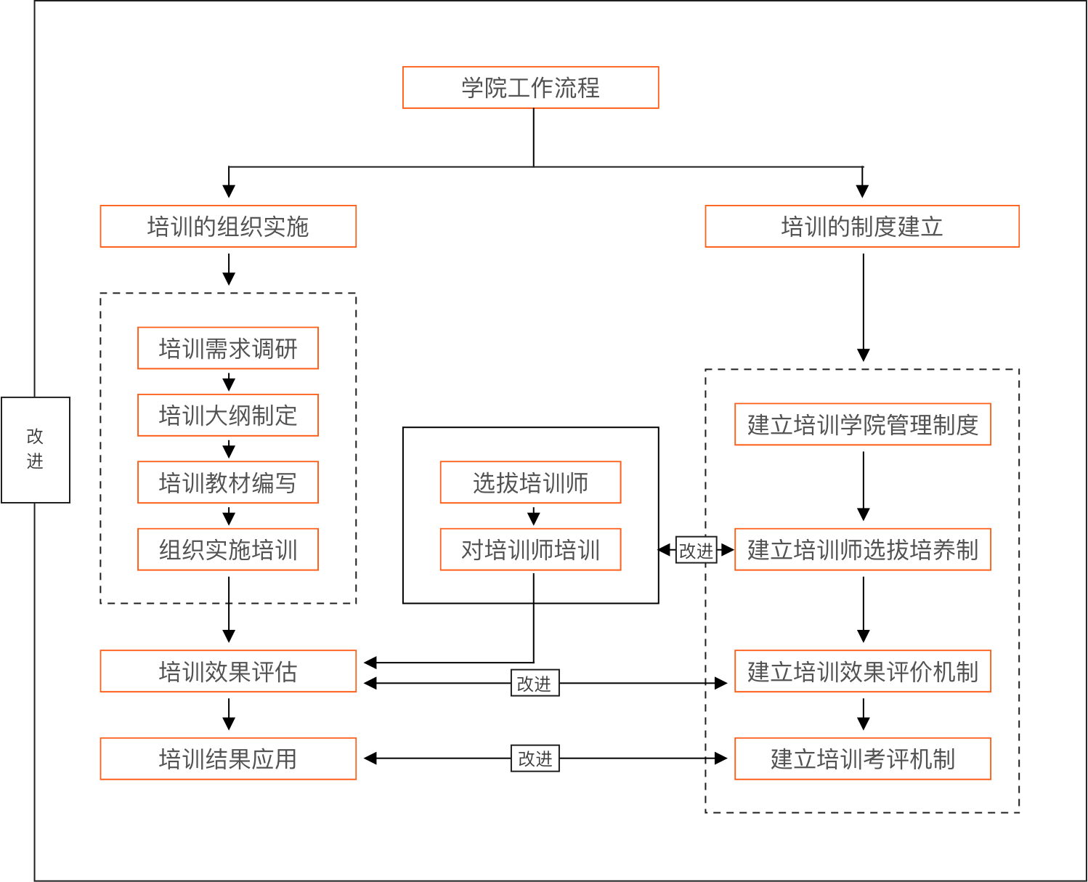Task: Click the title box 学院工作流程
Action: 530,88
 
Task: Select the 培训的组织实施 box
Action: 228,227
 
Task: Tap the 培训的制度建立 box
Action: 862,227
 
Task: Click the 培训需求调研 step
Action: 228,349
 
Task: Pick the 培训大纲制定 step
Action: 228,416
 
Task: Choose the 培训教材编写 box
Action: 228,482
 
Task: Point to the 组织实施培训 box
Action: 228,549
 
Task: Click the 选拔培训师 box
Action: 530,482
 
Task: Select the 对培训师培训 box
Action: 530,549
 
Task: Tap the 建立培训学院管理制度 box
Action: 863,424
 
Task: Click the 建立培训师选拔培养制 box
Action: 863,549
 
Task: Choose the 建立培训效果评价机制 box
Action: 863,671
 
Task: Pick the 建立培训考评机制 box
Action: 863,758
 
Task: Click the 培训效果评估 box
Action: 228,671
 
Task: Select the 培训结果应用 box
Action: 228,758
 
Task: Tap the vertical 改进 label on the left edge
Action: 35,450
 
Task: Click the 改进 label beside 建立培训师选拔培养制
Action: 696,551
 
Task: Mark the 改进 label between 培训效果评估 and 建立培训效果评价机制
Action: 535,683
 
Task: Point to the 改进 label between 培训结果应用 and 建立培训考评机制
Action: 535,758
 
